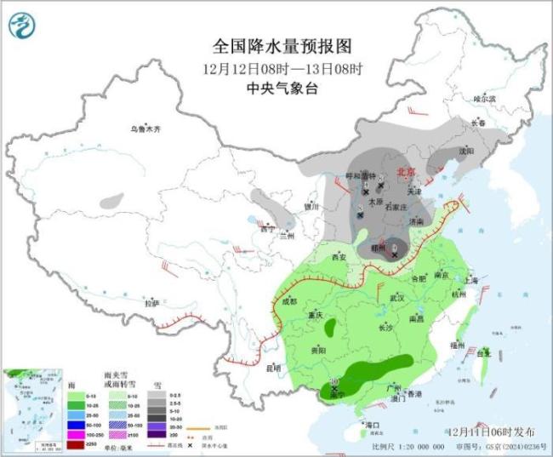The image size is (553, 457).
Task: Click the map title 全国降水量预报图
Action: tap(277, 45)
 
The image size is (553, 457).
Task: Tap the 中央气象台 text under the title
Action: tap(277, 87)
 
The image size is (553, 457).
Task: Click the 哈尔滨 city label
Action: tap(483, 99)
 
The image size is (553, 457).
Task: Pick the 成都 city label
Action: tap(288, 301)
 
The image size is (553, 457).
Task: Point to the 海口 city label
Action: tap(371, 424)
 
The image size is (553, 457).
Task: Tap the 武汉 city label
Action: tap(396, 298)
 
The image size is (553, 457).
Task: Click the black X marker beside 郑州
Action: tap(395, 254)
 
